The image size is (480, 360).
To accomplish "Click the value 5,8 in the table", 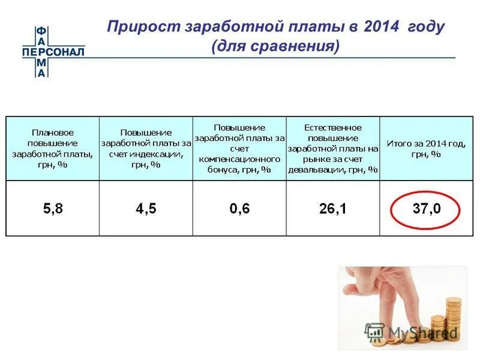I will [52, 209].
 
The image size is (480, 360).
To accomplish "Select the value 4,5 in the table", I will [146, 209].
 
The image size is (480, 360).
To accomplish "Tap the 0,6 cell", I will [239, 209].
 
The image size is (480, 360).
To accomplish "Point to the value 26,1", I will [333, 209].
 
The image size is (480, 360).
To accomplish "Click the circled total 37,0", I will [426, 209].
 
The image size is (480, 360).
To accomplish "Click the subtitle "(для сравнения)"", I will [275, 46].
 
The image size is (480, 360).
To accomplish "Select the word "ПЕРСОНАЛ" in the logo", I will [53, 52].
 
